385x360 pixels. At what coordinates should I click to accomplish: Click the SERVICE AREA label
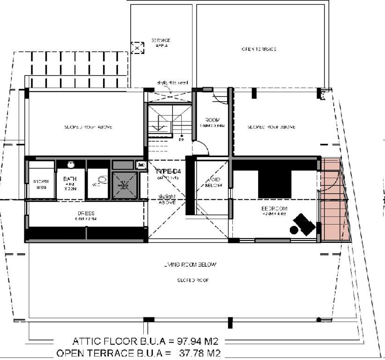(x=160, y=43)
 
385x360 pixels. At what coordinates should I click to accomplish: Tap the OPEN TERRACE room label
(x=259, y=49)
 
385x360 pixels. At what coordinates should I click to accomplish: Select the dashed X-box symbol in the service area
(x=137, y=48)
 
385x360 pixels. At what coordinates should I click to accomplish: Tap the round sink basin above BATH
(x=71, y=165)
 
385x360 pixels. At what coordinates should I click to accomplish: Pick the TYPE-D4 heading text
(x=167, y=172)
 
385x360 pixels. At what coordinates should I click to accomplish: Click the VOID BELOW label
(x=213, y=182)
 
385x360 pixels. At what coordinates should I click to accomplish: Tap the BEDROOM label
(x=274, y=209)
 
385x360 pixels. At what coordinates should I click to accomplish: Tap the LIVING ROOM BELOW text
(x=189, y=265)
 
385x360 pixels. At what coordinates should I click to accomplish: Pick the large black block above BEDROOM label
(x=274, y=184)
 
